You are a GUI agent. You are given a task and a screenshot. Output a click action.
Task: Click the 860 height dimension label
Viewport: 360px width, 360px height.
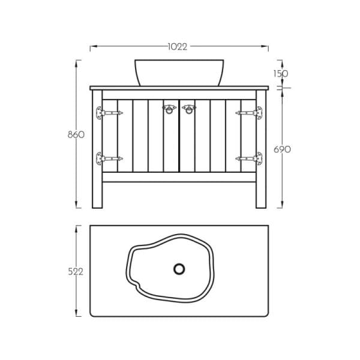tap(76, 134)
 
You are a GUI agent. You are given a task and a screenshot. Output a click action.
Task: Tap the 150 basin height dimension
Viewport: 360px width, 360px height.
tap(281, 74)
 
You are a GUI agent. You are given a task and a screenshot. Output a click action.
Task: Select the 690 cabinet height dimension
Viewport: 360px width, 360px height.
tap(281, 149)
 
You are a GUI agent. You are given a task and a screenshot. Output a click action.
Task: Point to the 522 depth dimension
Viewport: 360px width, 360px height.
tap(76, 272)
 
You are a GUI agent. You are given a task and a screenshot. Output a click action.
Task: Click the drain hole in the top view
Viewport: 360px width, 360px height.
tap(179, 268)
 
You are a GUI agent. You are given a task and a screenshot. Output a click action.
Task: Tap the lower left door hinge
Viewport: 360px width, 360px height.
tap(107, 159)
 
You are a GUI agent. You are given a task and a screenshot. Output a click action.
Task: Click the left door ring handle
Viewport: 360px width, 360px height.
tap(169, 109)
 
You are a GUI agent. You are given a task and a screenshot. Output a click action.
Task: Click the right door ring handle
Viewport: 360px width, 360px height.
tap(190, 109)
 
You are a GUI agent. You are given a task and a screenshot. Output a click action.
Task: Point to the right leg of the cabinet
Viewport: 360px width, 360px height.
tap(261, 192)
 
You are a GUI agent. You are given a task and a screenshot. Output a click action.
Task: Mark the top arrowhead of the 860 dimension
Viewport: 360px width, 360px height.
tap(77, 61)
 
